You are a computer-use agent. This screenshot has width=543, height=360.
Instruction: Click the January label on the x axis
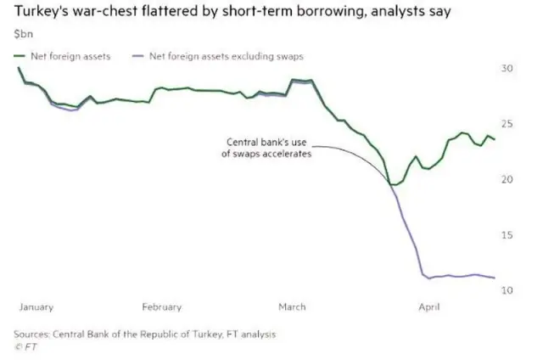36,307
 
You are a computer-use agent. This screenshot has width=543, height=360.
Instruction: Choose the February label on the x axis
161,307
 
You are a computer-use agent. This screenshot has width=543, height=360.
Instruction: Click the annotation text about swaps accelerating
267,148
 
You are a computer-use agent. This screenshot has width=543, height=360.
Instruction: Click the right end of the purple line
495,278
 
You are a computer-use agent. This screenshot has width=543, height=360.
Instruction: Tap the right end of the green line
495,139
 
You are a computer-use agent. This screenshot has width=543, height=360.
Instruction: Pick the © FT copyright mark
25,346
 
